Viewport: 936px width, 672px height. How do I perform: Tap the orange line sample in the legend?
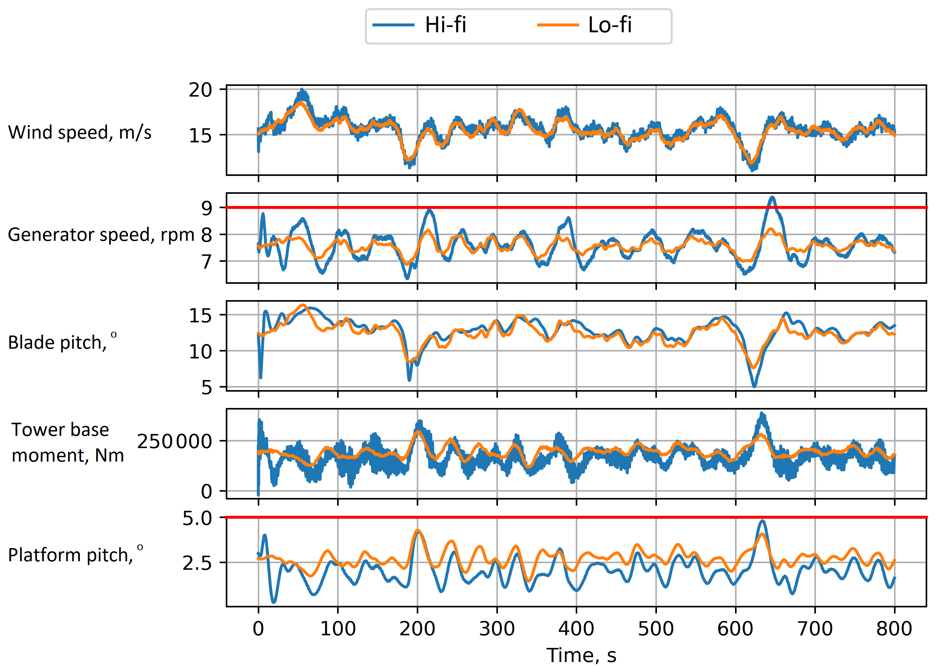(x=558, y=25)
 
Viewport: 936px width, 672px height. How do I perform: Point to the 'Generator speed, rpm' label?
(x=101, y=235)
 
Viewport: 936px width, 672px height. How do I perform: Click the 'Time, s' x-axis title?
(x=581, y=655)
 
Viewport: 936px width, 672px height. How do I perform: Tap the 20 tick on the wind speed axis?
(x=201, y=90)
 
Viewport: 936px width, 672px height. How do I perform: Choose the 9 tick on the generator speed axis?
(x=207, y=208)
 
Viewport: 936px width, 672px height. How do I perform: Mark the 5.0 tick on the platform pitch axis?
(x=197, y=518)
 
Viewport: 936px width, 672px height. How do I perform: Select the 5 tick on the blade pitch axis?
(x=207, y=387)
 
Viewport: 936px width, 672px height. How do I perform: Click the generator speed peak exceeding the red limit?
(x=772, y=198)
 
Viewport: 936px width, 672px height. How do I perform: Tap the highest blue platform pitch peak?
(x=763, y=521)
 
